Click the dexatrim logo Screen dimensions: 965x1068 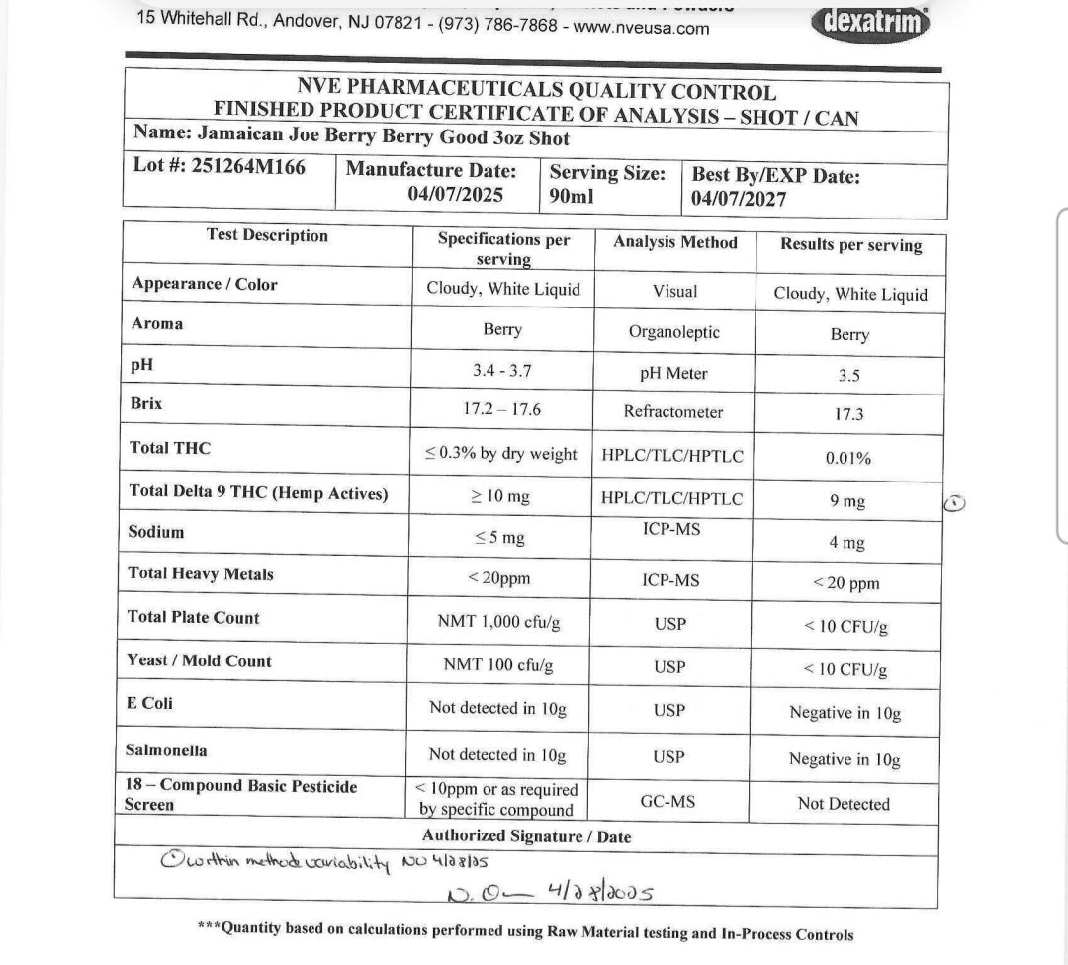click(871, 21)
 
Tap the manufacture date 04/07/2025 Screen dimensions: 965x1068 click(455, 195)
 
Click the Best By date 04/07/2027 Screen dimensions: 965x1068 click(739, 199)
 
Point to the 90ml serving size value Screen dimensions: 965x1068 click(572, 196)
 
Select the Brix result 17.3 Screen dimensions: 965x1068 click(848, 414)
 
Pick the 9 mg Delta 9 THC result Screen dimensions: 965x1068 click(847, 501)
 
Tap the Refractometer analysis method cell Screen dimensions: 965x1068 click(672, 412)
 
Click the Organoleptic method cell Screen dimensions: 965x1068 click(673, 332)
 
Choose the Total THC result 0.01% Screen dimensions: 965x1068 click(847, 458)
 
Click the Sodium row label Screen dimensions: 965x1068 click(156, 532)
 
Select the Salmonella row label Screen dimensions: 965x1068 click(166, 750)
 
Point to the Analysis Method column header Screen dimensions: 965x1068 click(674, 242)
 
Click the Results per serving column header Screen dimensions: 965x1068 click(850, 245)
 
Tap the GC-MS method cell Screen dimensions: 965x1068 click(667, 801)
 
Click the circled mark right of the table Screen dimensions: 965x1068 click(954, 503)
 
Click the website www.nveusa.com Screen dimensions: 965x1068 click(641, 28)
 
